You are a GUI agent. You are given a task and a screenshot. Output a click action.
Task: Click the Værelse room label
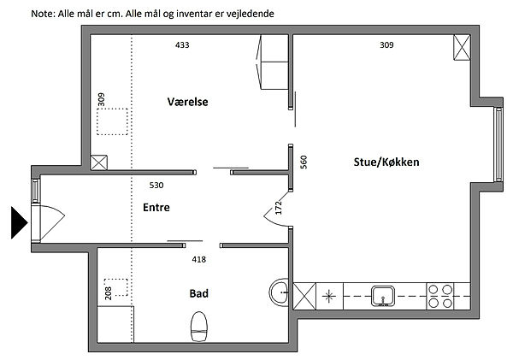(187, 102)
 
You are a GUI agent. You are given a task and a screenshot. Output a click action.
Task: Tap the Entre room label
(156, 207)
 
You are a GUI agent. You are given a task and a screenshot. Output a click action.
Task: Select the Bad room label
(199, 293)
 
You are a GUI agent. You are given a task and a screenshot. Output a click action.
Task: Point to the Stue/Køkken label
(386, 162)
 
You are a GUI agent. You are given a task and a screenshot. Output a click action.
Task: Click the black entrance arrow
(20, 222)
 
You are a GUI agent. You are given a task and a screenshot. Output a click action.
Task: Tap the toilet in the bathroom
(199, 327)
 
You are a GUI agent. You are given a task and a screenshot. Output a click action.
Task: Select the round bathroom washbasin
(279, 292)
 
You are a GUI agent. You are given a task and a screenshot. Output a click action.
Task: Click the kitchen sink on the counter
(383, 296)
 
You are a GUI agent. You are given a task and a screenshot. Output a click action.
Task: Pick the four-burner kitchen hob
(440, 296)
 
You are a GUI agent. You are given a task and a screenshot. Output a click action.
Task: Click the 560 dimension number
(304, 162)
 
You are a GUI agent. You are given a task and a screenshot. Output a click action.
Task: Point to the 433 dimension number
(182, 44)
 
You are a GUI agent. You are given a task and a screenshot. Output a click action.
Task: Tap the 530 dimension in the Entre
(156, 186)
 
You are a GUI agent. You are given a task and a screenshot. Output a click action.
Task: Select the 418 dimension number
(199, 260)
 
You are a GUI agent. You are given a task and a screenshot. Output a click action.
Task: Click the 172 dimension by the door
(279, 208)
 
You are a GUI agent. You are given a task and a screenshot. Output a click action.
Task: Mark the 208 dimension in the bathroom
(109, 293)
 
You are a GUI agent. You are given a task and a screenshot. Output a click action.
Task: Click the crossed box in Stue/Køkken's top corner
(462, 47)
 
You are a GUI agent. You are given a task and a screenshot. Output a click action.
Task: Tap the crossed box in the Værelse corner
(99, 162)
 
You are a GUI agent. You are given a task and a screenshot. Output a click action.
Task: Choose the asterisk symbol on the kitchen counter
(329, 297)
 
